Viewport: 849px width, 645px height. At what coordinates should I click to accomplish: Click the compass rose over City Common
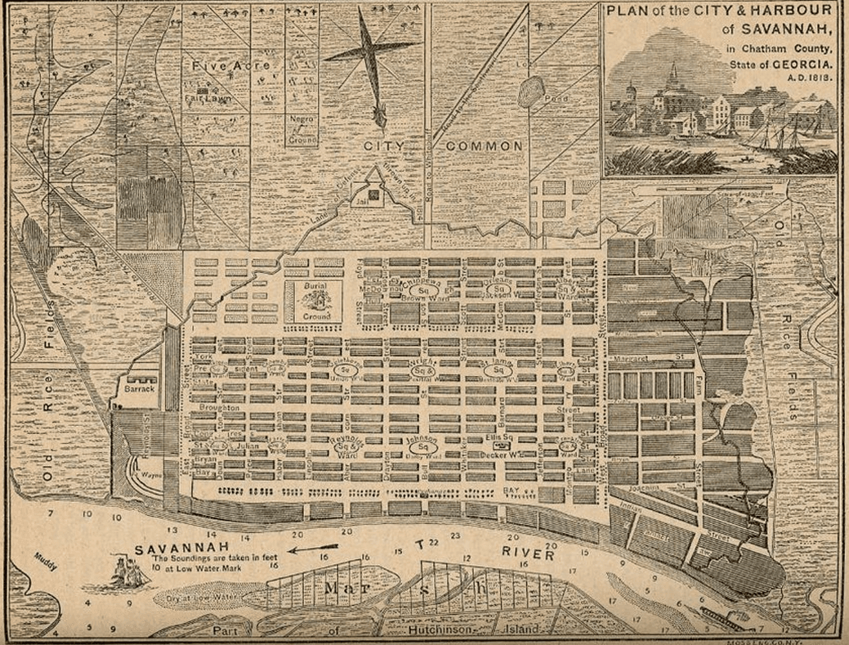click(x=373, y=56)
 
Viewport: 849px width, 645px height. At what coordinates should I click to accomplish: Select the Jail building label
click(x=372, y=195)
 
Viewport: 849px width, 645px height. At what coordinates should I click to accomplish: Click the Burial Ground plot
click(x=318, y=302)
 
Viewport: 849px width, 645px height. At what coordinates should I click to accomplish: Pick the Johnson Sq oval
click(x=423, y=446)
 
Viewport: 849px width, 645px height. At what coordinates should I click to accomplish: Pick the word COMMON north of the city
click(x=484, y=146)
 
